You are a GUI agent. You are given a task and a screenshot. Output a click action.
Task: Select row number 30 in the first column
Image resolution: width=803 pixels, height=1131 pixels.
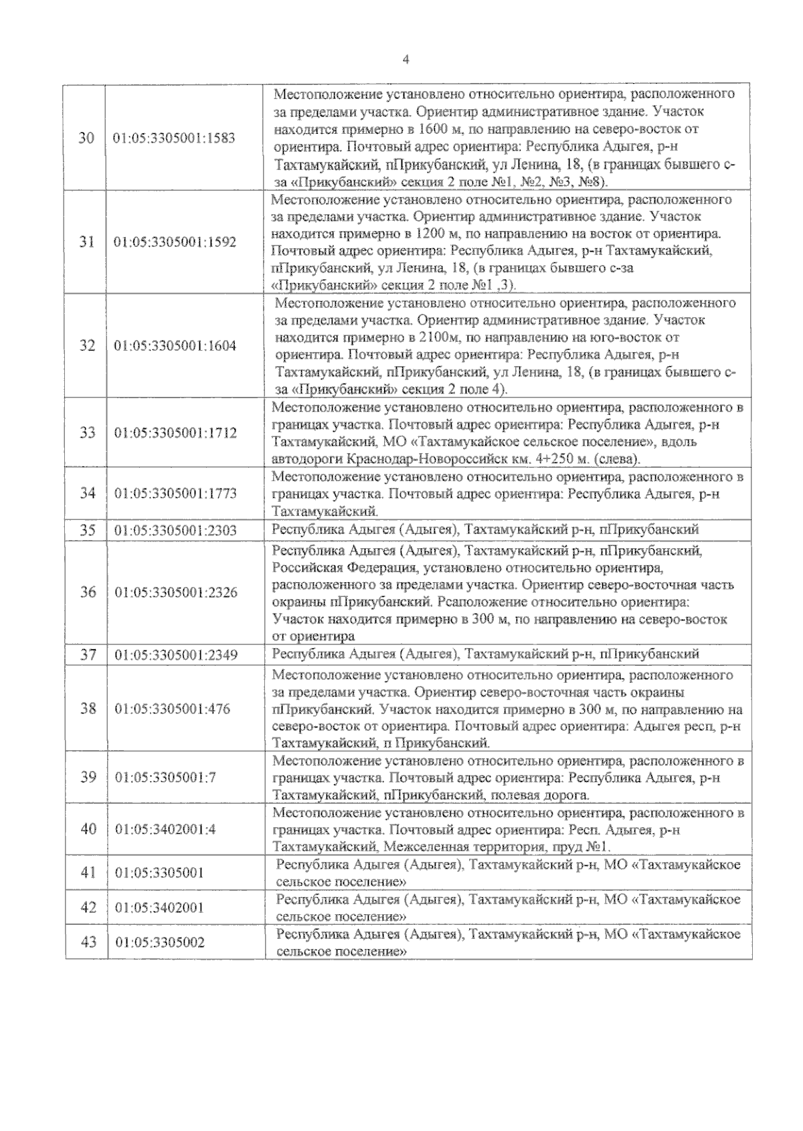[x=87, y=138]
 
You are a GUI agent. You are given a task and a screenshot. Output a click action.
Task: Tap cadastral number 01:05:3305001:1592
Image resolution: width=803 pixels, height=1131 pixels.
[x=175, y=242]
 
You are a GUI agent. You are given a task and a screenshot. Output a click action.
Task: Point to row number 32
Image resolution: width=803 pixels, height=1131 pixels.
[x=87, y=346]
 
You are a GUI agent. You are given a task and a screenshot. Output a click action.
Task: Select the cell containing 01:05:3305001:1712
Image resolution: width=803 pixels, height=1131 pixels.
[x=176, y=433]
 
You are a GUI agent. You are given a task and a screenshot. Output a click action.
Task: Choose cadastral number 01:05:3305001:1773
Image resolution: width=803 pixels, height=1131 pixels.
[x=176, y=494]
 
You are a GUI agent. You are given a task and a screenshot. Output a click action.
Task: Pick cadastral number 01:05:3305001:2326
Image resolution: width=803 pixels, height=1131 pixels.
[x=176, y=592]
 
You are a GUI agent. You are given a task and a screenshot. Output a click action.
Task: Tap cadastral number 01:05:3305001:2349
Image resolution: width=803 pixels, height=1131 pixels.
[x=176, y=655]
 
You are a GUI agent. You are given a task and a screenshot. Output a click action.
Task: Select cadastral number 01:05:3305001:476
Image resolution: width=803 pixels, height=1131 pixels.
[x=173, y=709]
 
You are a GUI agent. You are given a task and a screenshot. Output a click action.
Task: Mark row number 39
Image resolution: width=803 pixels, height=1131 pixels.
[x=88, y=777]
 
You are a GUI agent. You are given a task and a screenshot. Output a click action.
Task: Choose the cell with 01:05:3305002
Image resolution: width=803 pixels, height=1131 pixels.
[x=160, y=942]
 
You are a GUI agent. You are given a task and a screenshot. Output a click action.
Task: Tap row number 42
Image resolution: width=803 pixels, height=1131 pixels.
[x=88, y=907]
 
